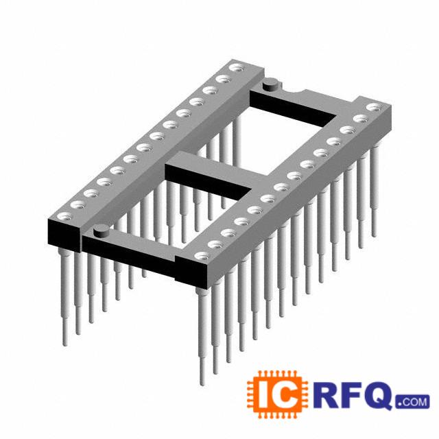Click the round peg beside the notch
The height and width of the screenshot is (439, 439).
[x=270, y=84]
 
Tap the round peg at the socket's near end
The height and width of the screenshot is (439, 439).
[x=102, y=230]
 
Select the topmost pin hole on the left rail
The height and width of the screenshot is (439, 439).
[x=237, y=68]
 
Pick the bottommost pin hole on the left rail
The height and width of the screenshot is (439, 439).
[x=64, y=216]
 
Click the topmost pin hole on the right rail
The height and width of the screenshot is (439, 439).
[x=374, y=107]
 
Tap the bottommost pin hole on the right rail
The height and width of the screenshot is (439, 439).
[x=202, y=256]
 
